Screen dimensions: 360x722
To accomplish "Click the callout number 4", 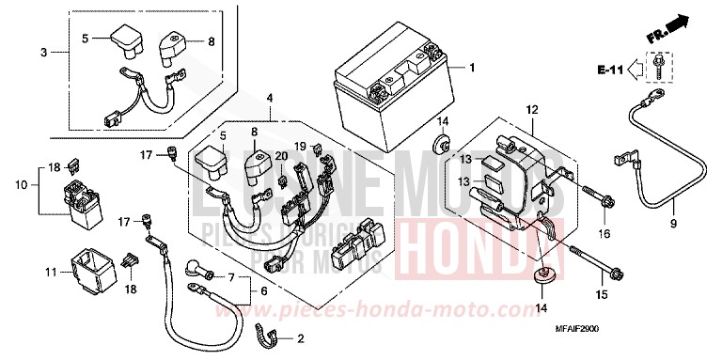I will pos(269,98).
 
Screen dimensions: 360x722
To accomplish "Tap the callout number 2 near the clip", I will pos(301,338).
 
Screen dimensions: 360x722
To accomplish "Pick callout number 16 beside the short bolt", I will pos(604,231).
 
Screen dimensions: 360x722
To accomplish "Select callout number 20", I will pos(281,155).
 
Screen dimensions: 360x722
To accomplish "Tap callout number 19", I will pos(300,147).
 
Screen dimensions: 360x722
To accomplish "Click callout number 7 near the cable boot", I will pos(231,277).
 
